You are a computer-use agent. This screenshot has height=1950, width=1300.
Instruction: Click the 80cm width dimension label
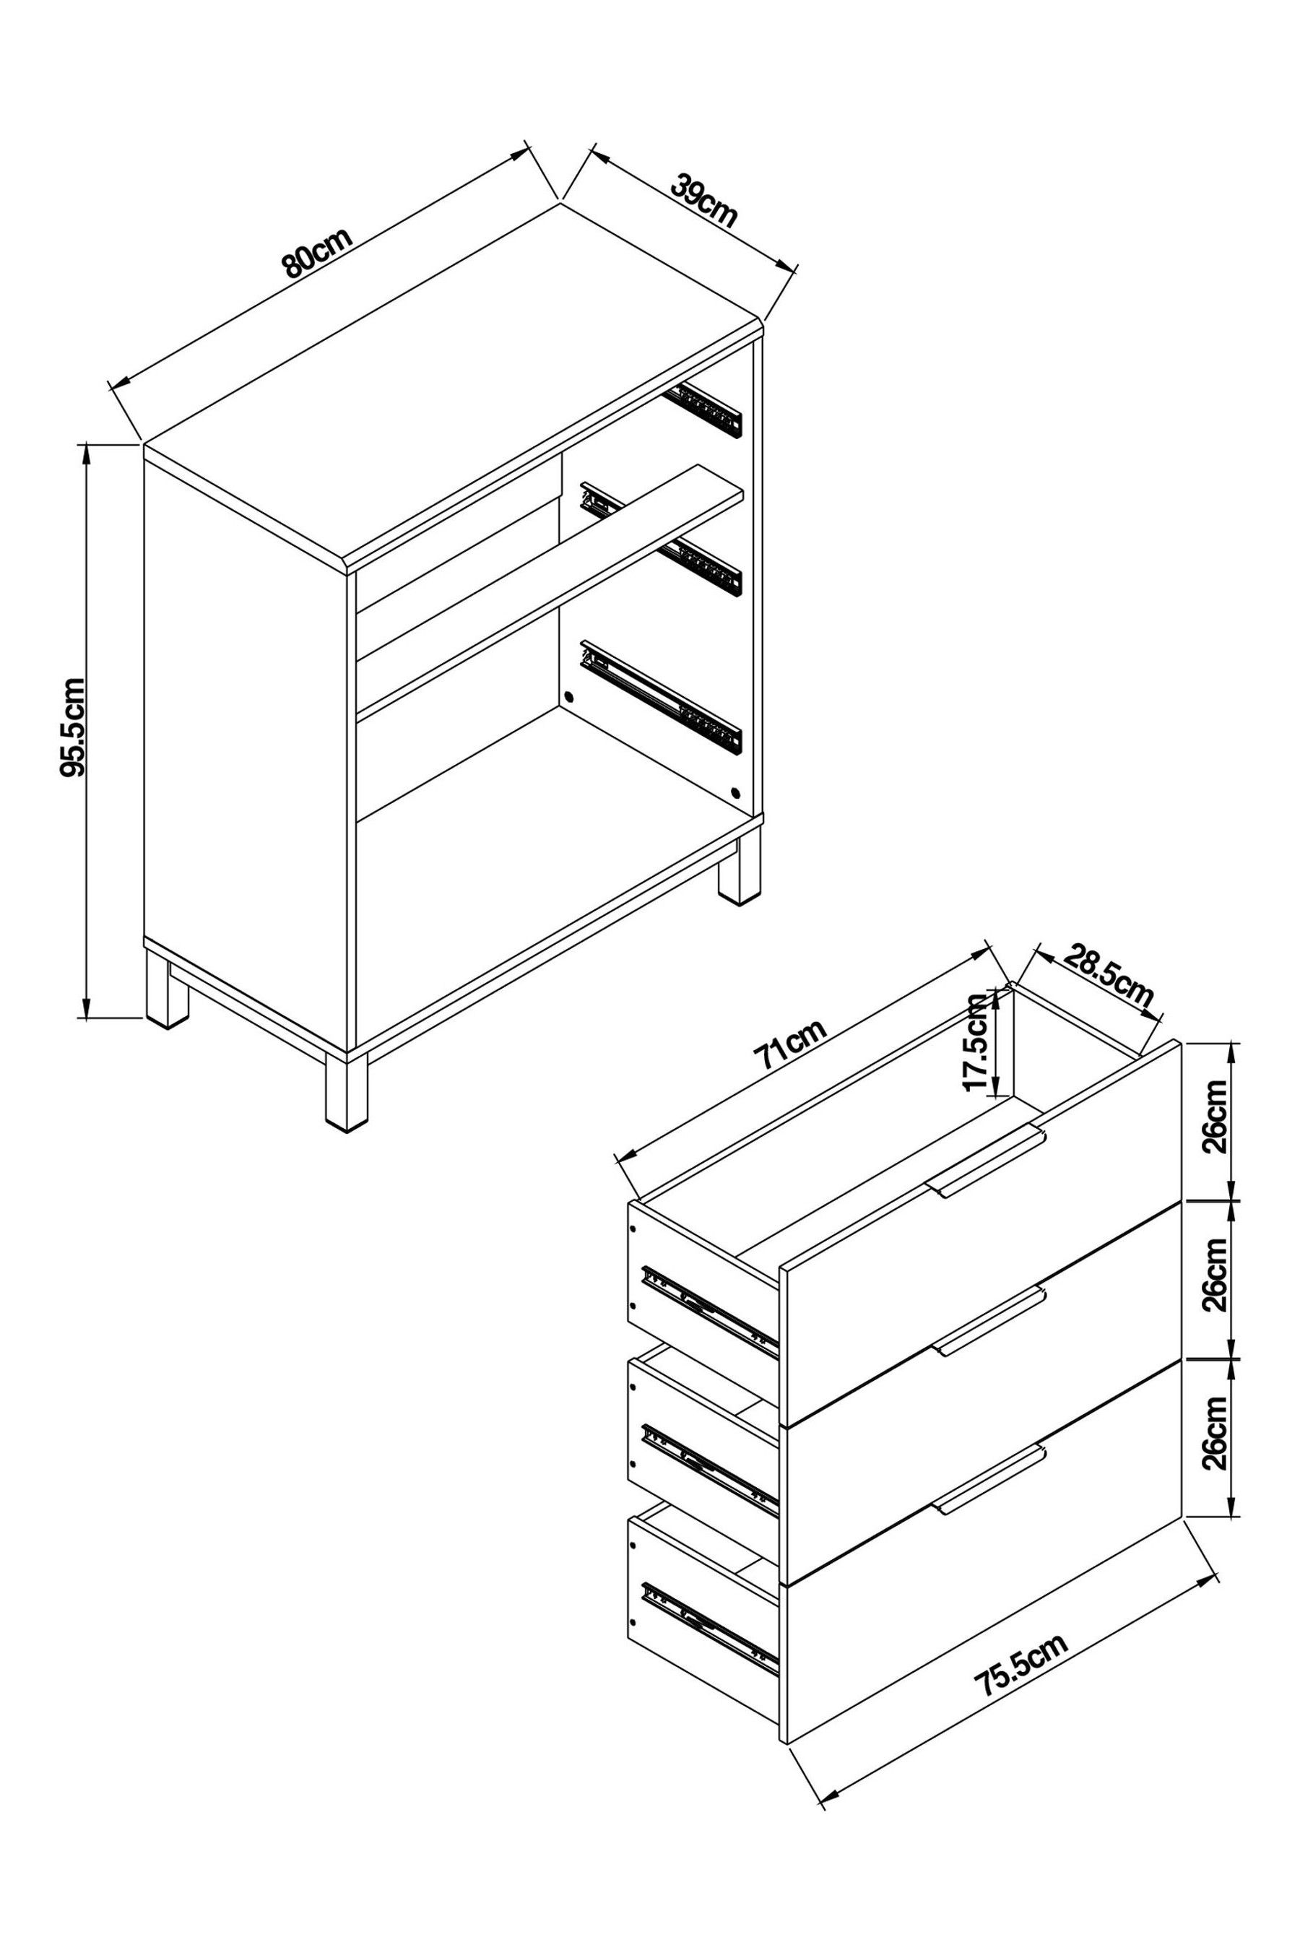point(318,251)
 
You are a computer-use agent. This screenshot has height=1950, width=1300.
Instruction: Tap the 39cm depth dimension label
point(703,201)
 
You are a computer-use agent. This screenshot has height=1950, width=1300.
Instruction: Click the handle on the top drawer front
point(987,1163)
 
